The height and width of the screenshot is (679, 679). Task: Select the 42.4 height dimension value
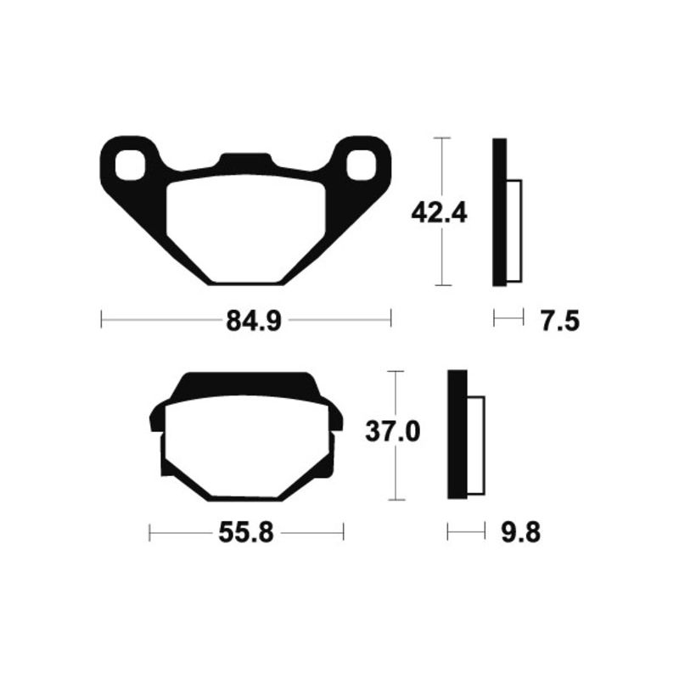point(439,211)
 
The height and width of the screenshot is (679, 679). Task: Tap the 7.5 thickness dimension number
point(558,320)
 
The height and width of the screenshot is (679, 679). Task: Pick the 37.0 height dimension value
point(392,432)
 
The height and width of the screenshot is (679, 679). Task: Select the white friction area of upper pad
point(246,227)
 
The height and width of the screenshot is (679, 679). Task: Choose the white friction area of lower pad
point(246,446)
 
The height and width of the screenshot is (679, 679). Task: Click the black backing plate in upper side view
point(499,212)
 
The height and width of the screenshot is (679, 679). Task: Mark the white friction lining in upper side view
point(514,231)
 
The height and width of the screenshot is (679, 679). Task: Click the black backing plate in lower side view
point(457,435)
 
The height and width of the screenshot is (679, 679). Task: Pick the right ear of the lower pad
point(336,418)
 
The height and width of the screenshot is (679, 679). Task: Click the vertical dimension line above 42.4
point(439,166)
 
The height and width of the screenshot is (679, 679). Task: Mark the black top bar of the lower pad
point(246,385)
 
